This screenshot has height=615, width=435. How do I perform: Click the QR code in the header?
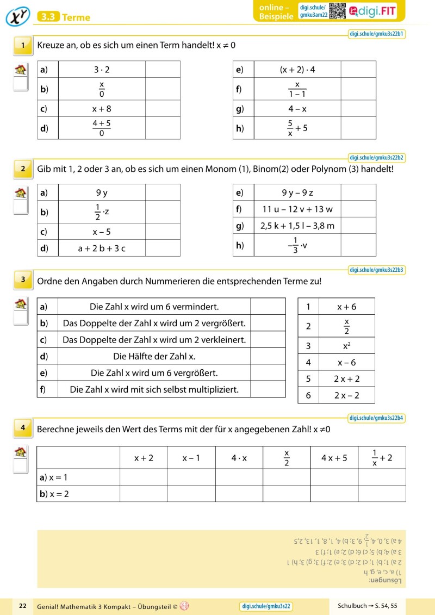pos(338,11)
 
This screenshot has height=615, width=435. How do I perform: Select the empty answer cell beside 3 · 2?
pos(163,70)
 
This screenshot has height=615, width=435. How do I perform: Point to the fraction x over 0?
pos(101,89)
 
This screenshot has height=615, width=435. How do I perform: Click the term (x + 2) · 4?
pos(297,70)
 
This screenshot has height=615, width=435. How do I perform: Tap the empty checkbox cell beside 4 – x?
pos(358,109)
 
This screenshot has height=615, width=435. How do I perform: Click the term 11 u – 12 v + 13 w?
pos(297,209)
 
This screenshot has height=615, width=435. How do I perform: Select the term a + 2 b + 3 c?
pos(101,249)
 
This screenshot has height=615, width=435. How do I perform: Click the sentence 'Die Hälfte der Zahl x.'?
pos(154,357)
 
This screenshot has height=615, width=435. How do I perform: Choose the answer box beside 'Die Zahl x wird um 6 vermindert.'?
pos(268,307)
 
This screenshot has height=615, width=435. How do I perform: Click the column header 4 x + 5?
pos(334,458)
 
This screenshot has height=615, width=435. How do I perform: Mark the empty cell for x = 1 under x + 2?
pos(144,477)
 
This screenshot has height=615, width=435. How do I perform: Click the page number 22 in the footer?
pos(23,606)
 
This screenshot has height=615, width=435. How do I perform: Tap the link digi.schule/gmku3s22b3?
pos(377,270)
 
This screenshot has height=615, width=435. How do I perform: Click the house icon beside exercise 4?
pos(21,452)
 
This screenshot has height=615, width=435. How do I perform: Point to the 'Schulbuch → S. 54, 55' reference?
pos(367,606)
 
